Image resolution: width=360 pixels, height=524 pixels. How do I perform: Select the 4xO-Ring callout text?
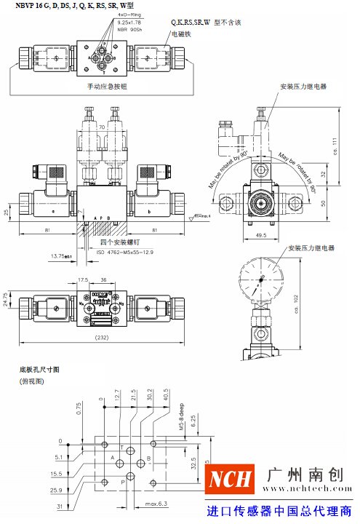click(129, 15)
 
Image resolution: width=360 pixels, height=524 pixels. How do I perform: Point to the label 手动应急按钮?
click(107, 86)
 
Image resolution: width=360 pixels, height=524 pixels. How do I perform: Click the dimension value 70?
click(102, 126)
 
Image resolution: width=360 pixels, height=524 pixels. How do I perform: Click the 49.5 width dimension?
click(263, 235)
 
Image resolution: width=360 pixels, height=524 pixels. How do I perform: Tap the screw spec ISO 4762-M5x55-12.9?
click(126, 253)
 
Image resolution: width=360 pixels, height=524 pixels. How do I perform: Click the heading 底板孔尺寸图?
click(39, 370)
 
